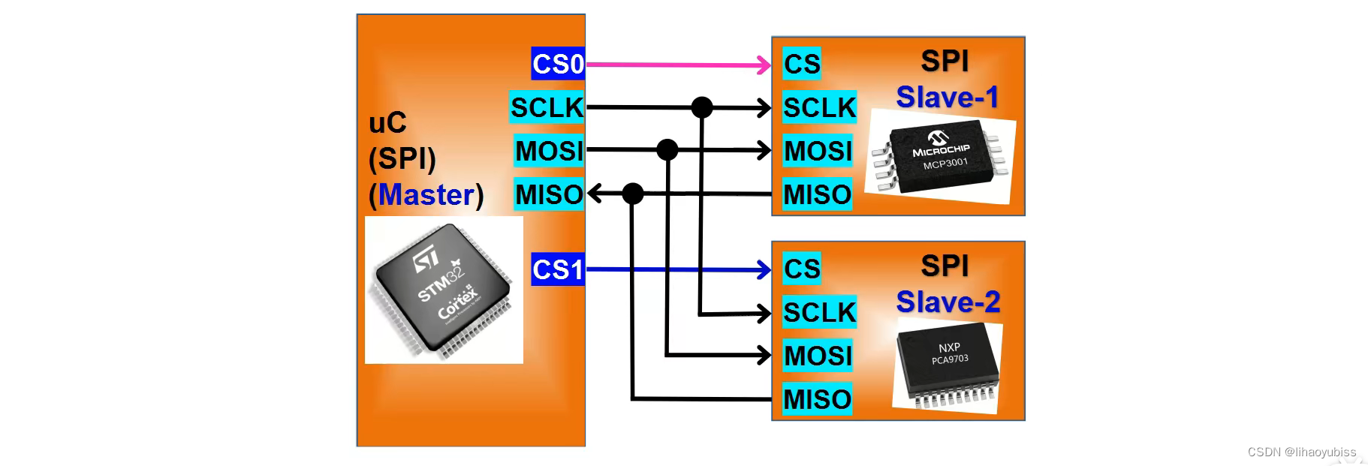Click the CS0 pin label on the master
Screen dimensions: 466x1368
coord(558,64)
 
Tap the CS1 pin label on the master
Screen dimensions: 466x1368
coord(558,269)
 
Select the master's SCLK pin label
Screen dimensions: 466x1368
coord(547,107)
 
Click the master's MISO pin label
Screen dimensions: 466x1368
coord(549,194)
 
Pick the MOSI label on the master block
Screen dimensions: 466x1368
coord(550,151)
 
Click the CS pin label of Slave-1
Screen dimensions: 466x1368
coord(802,64)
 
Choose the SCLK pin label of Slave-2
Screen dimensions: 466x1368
coord(819,312)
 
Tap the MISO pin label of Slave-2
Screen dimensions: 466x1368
coord(817,399)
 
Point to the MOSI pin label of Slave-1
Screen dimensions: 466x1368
coord(818,151)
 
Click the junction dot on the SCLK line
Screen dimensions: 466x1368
coord(702,107)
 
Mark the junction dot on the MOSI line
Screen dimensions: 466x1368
coord(667,150)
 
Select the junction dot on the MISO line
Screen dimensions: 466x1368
coord(633,194)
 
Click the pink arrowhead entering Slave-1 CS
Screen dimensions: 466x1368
coord(764,65)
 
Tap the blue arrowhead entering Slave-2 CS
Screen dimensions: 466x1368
coord(764,269)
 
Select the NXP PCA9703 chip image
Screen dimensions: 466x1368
coord(948,365)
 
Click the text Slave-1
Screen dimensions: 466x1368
coord(947,98)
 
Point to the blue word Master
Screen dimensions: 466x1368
coord(426,195)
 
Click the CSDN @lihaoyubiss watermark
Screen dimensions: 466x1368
coord(1301,452)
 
